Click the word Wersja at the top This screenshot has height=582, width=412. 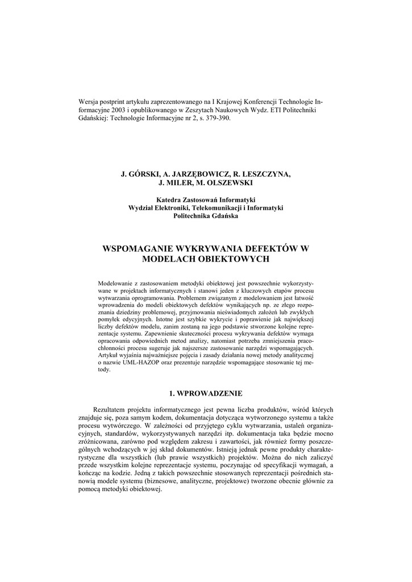point(89,101)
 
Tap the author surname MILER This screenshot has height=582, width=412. point(177,182)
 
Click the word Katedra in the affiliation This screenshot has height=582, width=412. point(168,200)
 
